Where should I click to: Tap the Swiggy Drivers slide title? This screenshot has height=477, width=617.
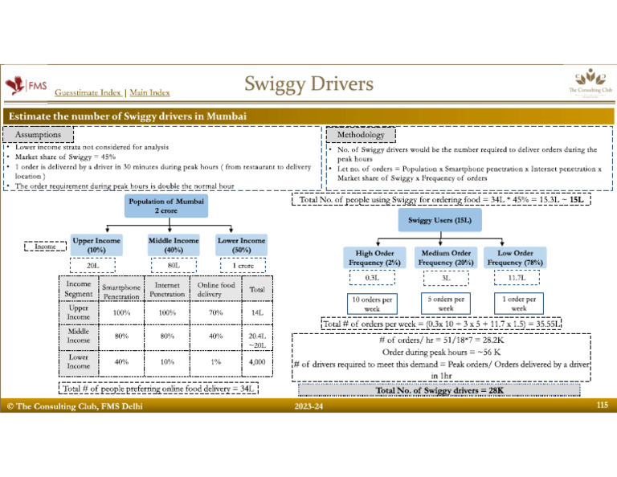click(309, 84)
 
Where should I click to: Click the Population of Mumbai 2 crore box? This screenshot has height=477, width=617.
click(166, 205)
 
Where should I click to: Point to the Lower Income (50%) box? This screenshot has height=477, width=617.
click(240, 245)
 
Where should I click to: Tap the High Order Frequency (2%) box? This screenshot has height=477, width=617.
click(373, 257)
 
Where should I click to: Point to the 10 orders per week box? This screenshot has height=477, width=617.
click(373, 303)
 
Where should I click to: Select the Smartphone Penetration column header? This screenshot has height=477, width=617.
click(121, 291)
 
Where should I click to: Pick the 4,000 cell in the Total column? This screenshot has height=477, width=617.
click(258, 361)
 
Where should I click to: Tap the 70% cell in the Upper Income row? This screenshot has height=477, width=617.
click(216, 312)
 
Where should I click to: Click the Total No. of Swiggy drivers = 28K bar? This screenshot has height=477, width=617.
click(439, 391)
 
